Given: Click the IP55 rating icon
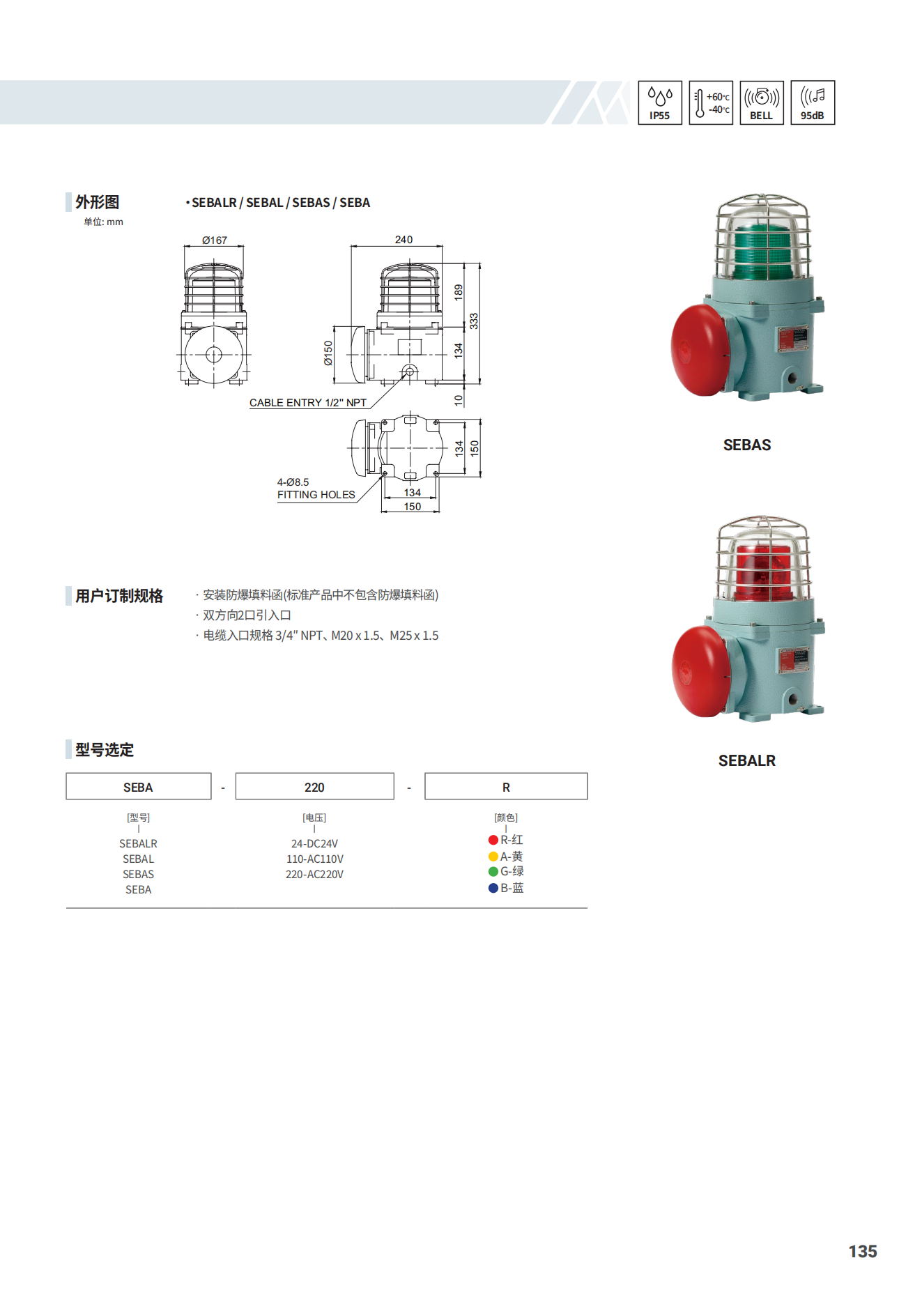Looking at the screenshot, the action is (659, 102).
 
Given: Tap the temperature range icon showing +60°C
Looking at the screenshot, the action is (711, 102).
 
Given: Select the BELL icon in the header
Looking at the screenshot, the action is (762, 102).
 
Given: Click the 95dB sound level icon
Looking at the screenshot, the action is (813, 102).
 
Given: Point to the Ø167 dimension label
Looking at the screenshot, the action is (215, 240).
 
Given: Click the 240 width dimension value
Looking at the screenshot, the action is (404, 240).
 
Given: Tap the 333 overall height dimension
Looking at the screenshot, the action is (474, 321).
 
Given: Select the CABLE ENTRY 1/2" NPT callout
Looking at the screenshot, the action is (308, 403).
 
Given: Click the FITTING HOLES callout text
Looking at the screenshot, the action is (316, 495).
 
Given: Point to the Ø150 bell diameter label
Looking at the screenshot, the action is (328, 353).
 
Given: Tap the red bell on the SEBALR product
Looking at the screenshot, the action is (701, 671).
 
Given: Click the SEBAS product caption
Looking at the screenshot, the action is (747, 445).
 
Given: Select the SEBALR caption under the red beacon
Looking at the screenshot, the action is (747, 760).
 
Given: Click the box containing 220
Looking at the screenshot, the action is (315, 786).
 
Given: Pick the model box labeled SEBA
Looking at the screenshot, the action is (139, 786).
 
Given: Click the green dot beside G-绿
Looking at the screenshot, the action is (493, 871).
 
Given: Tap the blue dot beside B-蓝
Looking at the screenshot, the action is (493, 888).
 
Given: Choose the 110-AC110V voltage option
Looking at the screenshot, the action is (315, 859).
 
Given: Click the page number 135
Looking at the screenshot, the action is (863, 1252).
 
